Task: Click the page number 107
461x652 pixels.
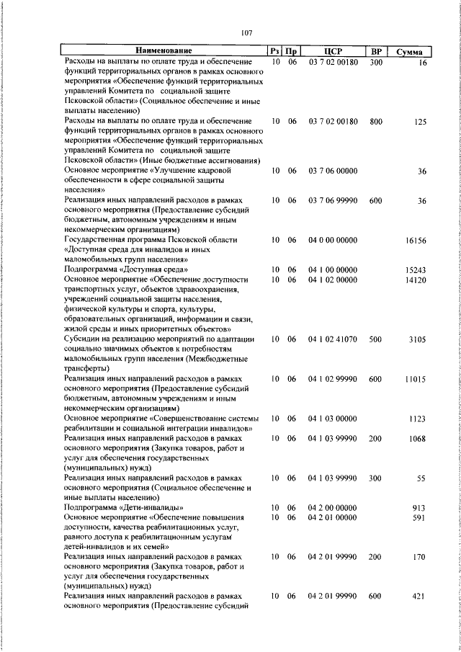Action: point(246,32)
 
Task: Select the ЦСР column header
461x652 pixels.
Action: point(332,51)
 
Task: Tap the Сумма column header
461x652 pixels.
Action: point(409,52)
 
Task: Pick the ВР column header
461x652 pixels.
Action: point(375,51)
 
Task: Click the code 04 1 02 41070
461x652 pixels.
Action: point(332,339)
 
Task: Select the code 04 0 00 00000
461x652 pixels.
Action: point(332,239)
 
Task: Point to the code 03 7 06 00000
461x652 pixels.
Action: point(332,171)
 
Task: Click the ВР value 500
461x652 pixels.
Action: point(375,339)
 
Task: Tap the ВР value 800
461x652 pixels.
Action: point(375,122)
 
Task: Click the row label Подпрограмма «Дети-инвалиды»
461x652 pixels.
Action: point(120,506)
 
